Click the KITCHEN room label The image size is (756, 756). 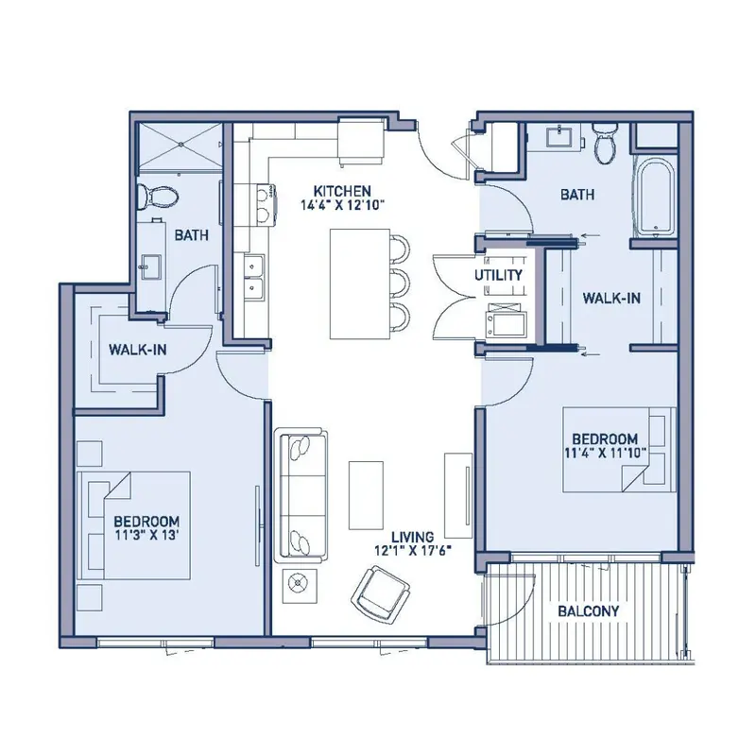tap(342, 191)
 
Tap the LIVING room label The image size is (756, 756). tap(412, 537)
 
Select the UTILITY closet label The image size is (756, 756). tap(499, 275)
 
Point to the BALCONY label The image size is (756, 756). tap(588, 611)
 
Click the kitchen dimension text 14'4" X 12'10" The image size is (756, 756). tap(342, 205)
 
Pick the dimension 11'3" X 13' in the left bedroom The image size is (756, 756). tap(147, 535)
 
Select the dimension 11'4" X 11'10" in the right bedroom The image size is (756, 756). tap(605, 453)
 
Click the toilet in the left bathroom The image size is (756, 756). tap(157, 197)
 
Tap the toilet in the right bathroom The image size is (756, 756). tap(604, 143)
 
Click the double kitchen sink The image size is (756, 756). tap(254, 278)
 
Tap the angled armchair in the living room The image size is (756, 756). tap(381, 593)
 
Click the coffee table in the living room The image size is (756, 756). tap(367, 495)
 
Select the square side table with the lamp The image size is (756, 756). tap(300, 585)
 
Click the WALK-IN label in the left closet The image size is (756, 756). tap(137, 350)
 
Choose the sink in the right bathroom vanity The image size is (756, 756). tap(559, 136)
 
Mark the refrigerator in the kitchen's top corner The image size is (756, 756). tap(362, 143)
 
